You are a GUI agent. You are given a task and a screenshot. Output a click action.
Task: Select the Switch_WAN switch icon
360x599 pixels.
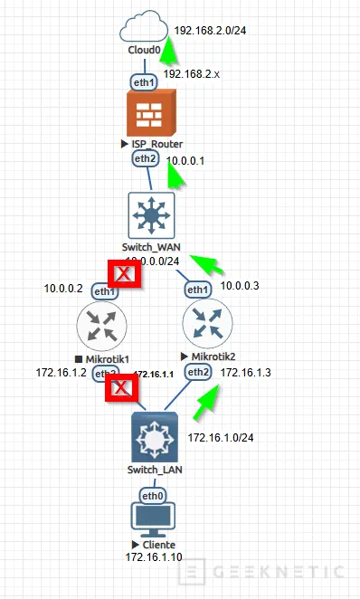147,214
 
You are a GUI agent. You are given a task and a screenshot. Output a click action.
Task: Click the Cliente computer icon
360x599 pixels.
152,522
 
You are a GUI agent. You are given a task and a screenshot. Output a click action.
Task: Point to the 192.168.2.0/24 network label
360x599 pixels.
212,30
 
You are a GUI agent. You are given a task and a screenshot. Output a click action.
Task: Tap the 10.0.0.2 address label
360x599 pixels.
63,290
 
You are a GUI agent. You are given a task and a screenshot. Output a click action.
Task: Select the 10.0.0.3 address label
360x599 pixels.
241,286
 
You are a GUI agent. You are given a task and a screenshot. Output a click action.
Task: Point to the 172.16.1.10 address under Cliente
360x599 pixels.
154,556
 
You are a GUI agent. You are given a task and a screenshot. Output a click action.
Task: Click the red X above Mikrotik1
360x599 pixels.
123,273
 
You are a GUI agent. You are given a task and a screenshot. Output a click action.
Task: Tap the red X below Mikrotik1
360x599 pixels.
122,390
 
